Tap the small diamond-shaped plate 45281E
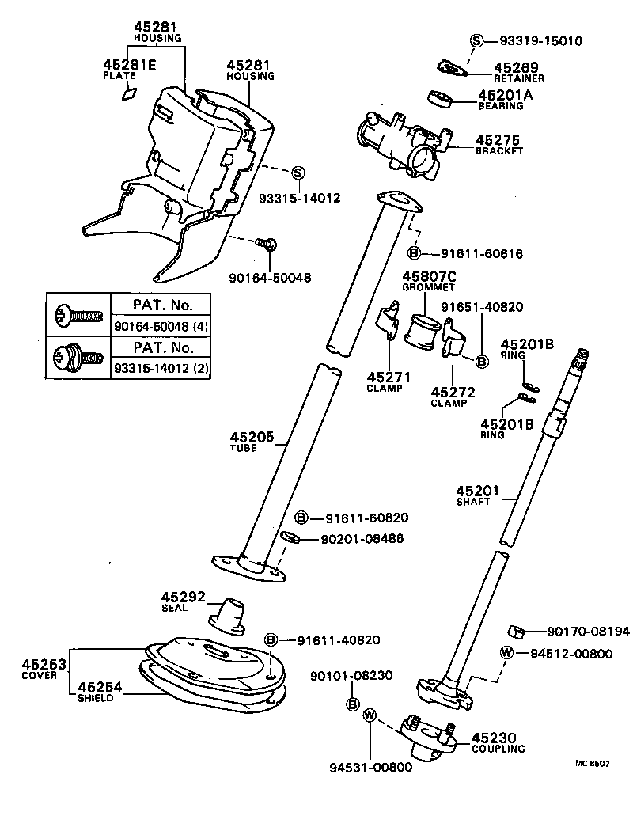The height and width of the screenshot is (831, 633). click(x=128, y=94)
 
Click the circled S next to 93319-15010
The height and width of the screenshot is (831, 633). click(x=477, y=40)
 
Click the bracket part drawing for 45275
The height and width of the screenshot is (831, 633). click(x=404, y=141)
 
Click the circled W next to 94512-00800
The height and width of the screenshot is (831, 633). click(x=507, y=653)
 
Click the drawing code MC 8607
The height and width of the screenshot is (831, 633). click(x=593, y=764)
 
